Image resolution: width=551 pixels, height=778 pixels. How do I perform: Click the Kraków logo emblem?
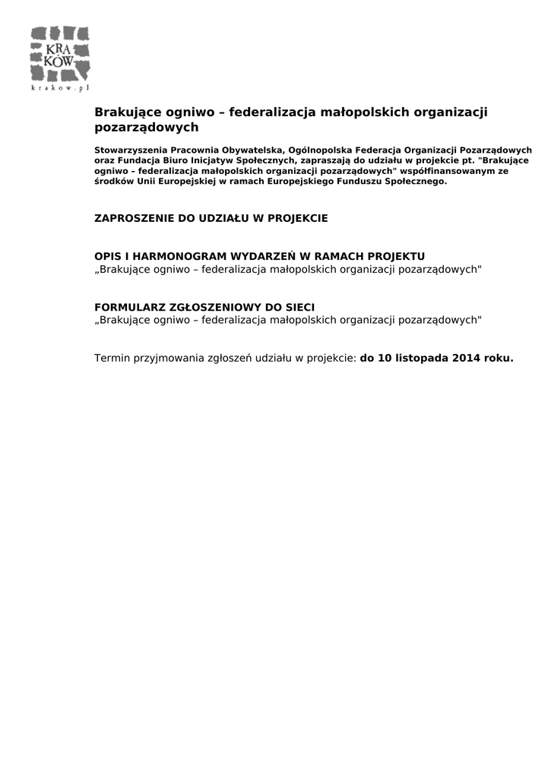[x=60, y=55]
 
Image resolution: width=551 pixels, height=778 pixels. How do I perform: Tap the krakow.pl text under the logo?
[x=60, y=88]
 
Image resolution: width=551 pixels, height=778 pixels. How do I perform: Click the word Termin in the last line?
[x=112, y=359]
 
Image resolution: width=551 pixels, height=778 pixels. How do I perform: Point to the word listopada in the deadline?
[x=420, y=359]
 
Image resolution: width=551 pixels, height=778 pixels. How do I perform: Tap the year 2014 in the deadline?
[x=467, y=359]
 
